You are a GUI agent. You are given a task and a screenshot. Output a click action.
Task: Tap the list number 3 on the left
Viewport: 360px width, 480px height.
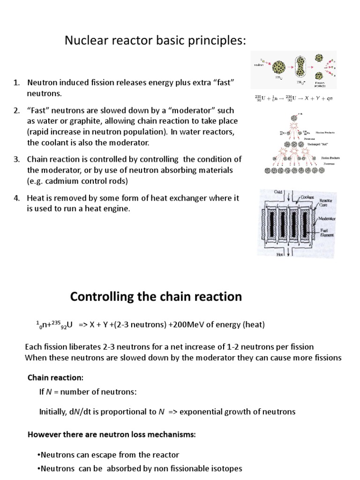pyautogui.click(x=16, y=159)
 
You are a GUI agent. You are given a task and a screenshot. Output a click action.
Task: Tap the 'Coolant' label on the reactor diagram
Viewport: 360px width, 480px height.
pyautogui.click(x=309, y=197)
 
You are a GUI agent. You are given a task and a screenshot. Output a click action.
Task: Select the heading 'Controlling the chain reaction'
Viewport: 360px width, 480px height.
pyautogui.click(x=156, y=297)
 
